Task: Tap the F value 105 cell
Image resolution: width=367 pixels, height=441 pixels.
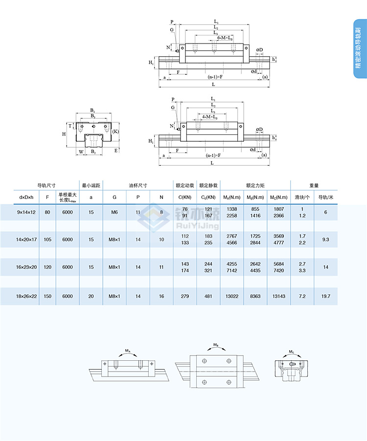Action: pos(47,240)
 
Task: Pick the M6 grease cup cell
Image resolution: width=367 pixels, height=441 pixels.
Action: pos(115,212)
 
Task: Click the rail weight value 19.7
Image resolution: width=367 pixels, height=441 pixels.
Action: pos(326,296)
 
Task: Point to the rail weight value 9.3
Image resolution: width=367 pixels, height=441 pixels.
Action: pos(326,240)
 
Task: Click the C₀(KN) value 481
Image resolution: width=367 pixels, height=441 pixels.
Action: pos(208,296)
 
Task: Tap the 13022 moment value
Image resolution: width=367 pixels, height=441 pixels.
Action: pos(232,296)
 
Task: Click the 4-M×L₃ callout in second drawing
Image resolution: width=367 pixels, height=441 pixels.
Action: pos(210,117)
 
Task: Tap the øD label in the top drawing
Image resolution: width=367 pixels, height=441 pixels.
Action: pos(259,50)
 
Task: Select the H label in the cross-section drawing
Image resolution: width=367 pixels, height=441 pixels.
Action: pos(64,133)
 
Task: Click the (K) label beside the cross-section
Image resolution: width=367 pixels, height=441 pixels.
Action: pos(115,132)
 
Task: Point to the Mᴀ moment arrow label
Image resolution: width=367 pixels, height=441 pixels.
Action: pos(127,351)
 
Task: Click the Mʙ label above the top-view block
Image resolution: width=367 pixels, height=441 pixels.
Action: pos(216,345)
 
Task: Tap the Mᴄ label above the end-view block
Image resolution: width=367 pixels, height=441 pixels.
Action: pos(291,352)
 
